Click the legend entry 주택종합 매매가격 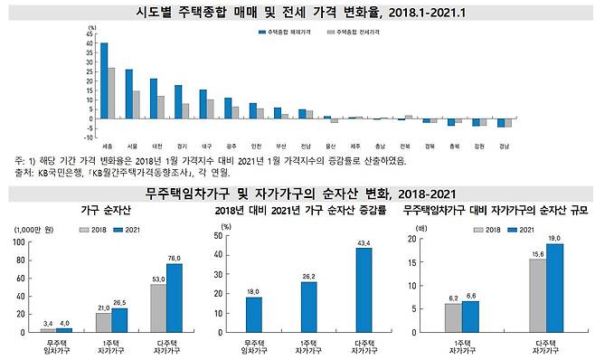pyautogui.click(x=280, y=31)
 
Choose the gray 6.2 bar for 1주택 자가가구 pyautogui.click(x=453, y=317)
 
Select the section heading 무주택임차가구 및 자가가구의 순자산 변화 pyautogui.click(x=297, y=193)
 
